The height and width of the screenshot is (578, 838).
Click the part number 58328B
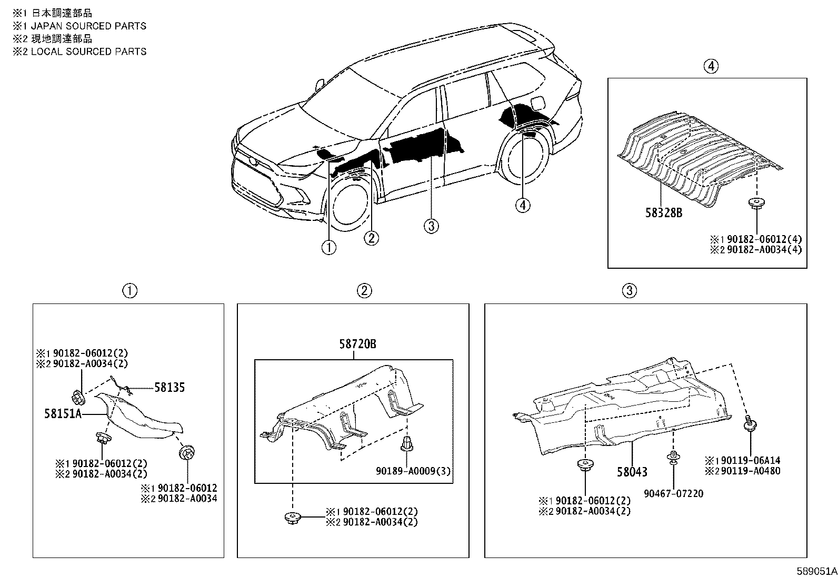[x=664, y=213]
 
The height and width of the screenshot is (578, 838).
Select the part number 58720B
[x=357, y=344]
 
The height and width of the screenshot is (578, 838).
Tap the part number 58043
[x=632, y=472]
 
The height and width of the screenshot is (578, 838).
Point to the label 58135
[x=169, y=388]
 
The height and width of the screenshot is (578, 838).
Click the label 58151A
[x=63, y=414]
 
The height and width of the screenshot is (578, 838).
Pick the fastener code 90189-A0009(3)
[x=413, y=471]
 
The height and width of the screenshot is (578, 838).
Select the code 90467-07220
[x=673, y=493]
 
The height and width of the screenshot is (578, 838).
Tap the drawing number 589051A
[x=816, y=571]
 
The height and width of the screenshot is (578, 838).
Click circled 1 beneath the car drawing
[x=329, y=247]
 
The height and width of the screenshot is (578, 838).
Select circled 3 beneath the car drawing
[x=431, y=226]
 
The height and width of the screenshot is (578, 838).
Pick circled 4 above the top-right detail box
[x=710, y=66]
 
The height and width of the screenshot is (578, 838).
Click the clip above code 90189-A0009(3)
[x=406, y=444]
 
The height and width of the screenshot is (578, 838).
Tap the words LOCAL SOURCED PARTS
[x=88, y=51]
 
